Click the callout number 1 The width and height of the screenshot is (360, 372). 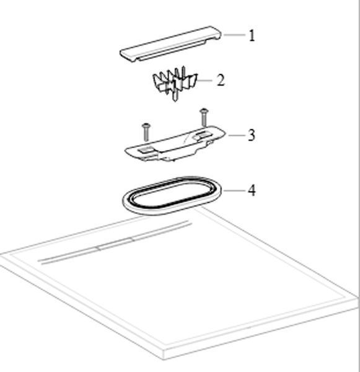coord(252,35)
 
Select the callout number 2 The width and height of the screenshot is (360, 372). coord(221,80)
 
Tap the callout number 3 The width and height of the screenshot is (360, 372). coord(252,135)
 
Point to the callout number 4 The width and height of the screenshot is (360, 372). coord(252,190)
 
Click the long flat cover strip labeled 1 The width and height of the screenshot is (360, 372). coord(170,44)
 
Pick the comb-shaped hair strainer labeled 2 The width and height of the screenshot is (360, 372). coord(175,83)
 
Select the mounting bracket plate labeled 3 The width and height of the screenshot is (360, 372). coord(175,144)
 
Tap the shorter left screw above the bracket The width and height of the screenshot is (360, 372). coord(146,132)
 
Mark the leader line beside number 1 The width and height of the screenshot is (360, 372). coord(235,35)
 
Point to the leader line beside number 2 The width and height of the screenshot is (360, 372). coord(204,81)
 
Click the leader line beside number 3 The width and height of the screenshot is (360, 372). coord(237,135)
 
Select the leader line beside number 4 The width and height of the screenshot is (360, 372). coord(235,190)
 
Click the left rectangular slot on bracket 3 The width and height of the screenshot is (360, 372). coord(146,149)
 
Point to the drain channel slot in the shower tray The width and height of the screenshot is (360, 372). coord(115,242)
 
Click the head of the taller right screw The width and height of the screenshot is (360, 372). coord(204,110)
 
